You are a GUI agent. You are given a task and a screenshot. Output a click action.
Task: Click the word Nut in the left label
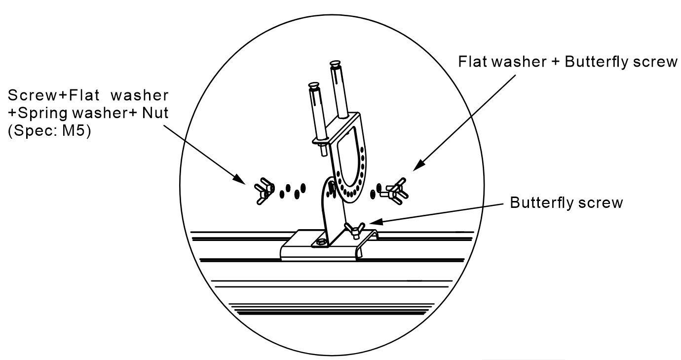pos(155,113)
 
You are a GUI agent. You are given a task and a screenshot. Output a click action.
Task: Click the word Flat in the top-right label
pos(472,61)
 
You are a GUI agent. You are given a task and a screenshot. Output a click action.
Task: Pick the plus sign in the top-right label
pos(556,62)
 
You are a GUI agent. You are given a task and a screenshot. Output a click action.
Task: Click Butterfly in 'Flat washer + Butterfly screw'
pos(597,62)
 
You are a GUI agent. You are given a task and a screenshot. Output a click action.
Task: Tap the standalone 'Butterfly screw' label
pos(567,203)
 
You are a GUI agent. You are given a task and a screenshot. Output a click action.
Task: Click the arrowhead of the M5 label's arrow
pos(240,179)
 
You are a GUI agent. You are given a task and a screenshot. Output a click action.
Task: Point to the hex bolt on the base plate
pos(321,242)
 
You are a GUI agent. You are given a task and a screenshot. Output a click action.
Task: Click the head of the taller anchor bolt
pos(335,65)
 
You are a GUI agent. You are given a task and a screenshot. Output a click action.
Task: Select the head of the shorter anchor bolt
pos(314,85)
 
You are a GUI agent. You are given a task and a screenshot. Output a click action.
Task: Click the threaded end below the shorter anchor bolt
pos(323,150)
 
